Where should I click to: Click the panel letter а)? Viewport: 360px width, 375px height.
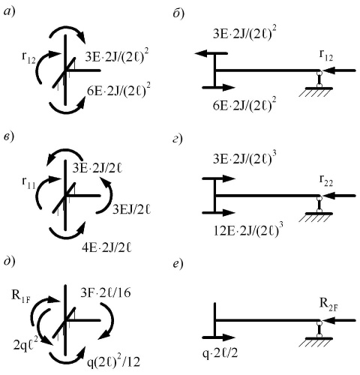pos(10,12)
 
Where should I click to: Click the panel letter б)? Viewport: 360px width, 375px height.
pos(178,13)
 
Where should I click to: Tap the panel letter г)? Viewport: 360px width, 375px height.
pos(178,139)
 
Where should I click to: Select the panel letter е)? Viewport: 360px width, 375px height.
pos(178,264)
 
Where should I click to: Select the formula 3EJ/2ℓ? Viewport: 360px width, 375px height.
pos(131,209)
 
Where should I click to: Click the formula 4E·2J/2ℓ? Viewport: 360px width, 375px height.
pos(106,248)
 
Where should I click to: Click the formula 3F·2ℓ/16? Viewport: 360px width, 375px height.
pos(106,293)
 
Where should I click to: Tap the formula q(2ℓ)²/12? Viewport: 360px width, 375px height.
pos(114,361)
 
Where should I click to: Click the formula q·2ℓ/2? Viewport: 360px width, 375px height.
pos(220,353)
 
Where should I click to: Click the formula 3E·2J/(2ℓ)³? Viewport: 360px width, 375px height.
pos(242,158)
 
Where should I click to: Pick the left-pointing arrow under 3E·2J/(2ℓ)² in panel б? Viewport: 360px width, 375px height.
pos(211,53)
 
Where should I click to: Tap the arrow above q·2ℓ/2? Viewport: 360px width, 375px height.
pos(218,337)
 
